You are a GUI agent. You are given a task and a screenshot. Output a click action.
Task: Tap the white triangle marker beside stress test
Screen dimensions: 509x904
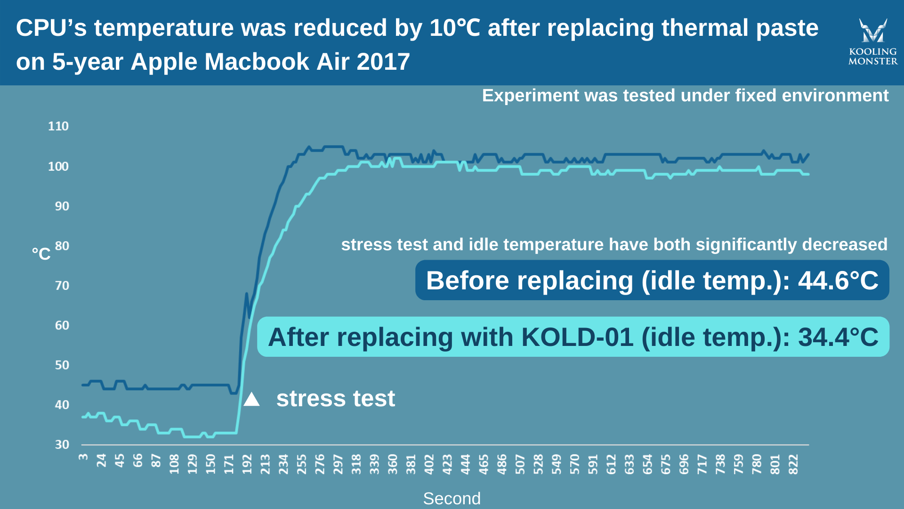click(x=251, y=400)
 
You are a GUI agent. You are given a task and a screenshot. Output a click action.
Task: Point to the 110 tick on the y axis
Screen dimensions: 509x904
click(x=58, y=126)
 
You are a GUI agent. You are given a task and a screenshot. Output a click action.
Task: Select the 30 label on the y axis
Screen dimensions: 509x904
click(x=62, y=444)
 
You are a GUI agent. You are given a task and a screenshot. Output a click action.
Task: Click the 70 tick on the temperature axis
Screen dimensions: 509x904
click(x=62, y=286)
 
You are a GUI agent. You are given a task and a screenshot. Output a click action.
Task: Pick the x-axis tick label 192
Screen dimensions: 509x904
click(x=247, y=464)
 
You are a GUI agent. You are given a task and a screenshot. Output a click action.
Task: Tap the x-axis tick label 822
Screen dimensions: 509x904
click(x=793, y=464)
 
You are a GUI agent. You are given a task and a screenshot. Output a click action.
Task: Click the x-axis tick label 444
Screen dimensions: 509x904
click(x=466, y=464)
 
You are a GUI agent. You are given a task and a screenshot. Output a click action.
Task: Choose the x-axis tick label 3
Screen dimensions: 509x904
click(x=83, y=457)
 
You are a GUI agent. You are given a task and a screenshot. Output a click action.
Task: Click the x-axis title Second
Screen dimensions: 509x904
click(x=452, y=499)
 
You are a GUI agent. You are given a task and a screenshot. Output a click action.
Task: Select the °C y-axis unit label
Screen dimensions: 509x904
click(x=41, y=254)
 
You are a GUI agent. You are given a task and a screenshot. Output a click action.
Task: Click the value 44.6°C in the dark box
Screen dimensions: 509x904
click(x=838, y=280)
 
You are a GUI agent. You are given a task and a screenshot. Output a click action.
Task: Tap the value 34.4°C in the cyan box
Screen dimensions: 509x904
click(x=838, y=337)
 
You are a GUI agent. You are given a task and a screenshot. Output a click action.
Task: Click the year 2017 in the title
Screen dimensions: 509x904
click(x=383, y=62)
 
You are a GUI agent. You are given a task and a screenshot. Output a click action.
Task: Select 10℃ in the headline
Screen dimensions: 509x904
click(x=455, y=28)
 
